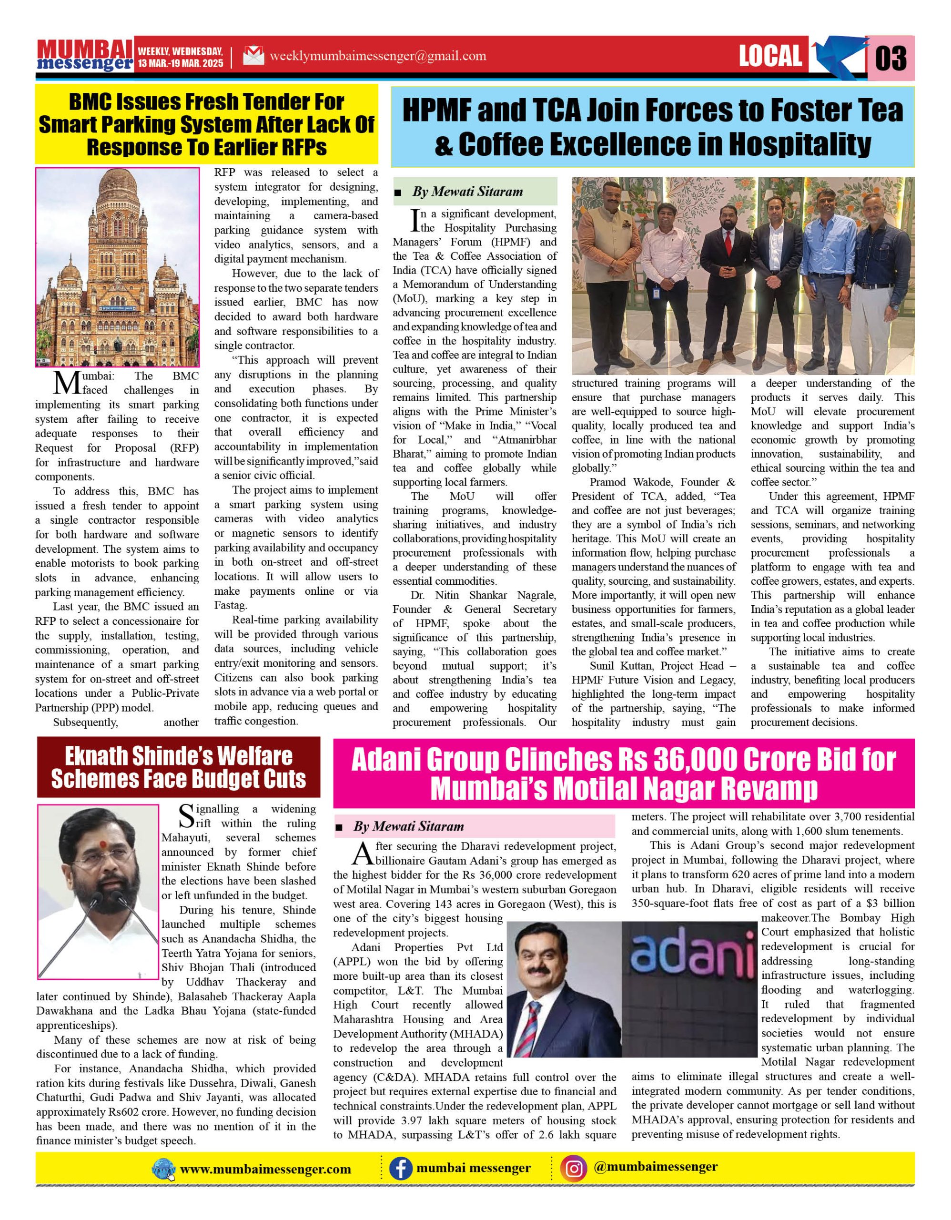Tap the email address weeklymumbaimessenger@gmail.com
(377, 56)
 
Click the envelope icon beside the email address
(253, 56)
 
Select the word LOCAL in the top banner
(770, 56)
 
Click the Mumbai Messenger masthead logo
(85, 55)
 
